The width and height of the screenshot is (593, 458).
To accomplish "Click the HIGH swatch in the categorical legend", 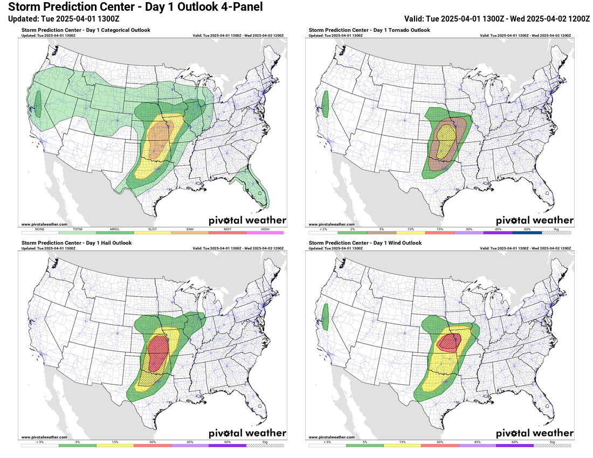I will coord(265,232).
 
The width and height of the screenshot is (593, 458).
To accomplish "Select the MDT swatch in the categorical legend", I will coord(227,232).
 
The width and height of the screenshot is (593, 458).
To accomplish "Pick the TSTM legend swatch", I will coord(77,232).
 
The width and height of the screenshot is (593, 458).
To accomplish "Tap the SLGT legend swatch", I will coord(152,232).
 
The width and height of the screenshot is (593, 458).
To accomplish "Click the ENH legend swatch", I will coord(190,232).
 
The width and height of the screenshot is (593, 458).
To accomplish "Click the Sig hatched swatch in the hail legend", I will coord(265,446).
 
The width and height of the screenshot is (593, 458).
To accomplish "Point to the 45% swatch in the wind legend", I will coord(477,446).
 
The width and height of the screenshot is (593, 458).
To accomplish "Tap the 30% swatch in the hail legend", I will coord(152,446).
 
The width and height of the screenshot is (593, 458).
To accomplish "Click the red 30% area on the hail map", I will coord(157,350).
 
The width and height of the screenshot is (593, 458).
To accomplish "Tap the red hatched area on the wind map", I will coord(449,342).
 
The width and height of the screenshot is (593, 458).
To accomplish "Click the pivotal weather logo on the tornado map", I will coord(534,220).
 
